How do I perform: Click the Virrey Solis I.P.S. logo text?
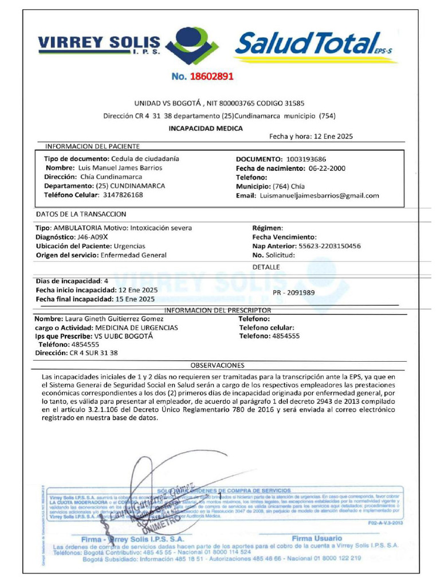(99, 44)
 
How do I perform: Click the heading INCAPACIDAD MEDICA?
(205, 128)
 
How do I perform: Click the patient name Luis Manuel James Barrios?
(120, 168)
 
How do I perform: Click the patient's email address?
(319, 195)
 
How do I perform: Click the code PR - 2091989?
(294, 292)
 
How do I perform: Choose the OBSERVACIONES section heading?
(217, 365)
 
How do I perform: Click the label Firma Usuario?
(317, 538)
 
